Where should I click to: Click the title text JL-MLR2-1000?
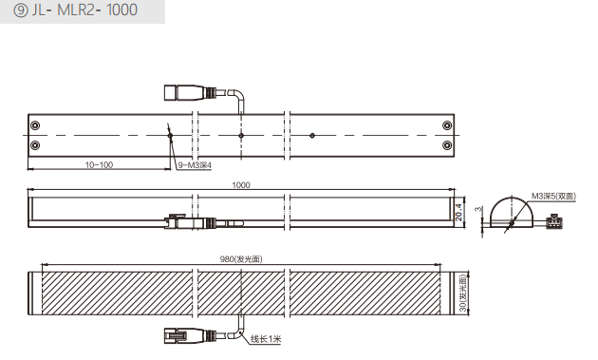(x=84, y=9)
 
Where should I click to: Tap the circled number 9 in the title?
(x=21, y=10)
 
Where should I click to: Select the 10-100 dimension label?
(x=99, y=165)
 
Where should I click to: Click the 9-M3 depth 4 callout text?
(x=195, y=165)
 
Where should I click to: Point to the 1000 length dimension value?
(x=241, y=185)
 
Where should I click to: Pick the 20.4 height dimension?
(x=458, y=212)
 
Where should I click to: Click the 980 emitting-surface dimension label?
(x=241, y=259)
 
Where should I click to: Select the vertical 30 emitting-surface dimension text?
(x=462, y=294)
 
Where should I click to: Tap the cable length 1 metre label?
(x=266, y=338)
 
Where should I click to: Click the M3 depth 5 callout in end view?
(x=553, y=197)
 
